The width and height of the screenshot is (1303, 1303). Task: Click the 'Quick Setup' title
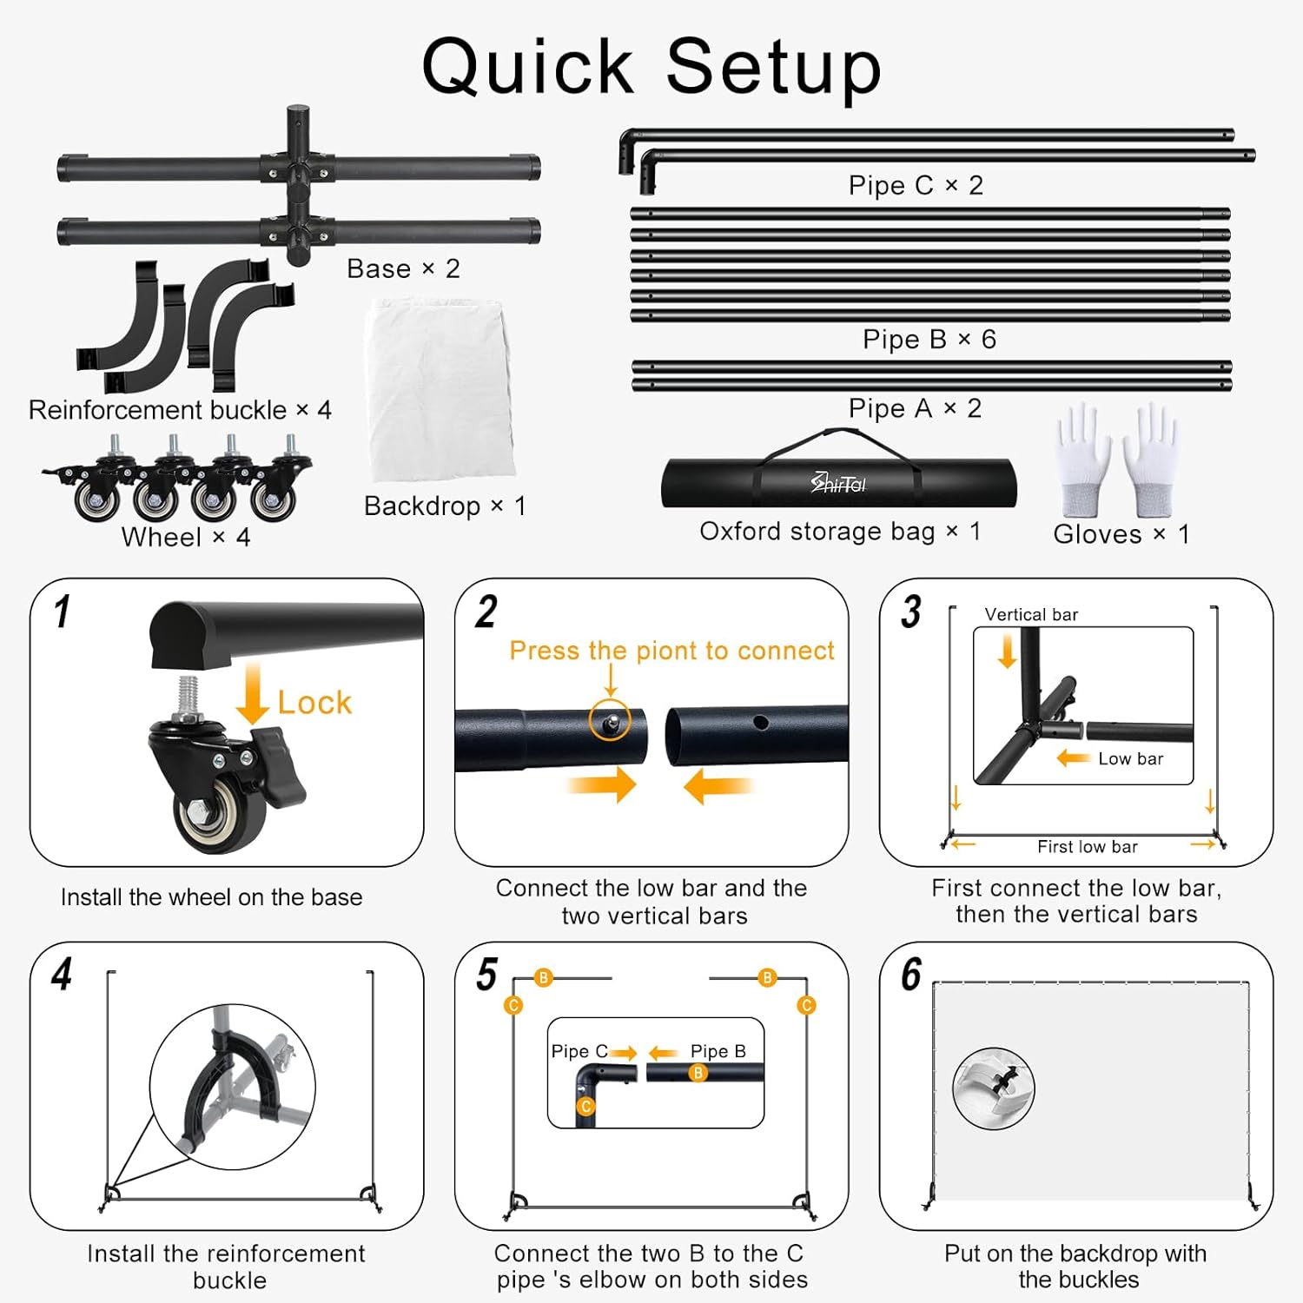(651, 68)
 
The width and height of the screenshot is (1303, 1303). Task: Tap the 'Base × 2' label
(403, 269)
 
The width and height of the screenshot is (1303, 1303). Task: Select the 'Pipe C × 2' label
(916, 185)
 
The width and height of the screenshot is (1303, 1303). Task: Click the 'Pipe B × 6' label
(929, 340)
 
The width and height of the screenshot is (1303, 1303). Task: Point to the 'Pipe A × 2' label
(915, 408)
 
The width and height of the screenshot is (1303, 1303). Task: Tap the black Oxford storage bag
(838, 483)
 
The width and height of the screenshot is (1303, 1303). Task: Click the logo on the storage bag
(838, 483)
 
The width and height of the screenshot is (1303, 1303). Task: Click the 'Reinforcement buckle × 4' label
(180, 410)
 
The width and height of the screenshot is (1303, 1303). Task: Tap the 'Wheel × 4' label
(186, 538)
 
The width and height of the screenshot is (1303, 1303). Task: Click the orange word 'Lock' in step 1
(314, 703)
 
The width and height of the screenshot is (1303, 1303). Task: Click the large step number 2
(486, 612)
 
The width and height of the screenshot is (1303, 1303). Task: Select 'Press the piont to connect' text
(671, 651)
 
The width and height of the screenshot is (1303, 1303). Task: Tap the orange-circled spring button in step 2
(611, 720)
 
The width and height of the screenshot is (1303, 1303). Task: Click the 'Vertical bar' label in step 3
(1031, 615)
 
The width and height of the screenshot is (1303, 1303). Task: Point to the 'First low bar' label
(1087, 847)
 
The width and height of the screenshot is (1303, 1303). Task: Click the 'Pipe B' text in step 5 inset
(718, 1051)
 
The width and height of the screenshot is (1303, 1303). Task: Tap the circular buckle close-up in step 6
(994, 1088)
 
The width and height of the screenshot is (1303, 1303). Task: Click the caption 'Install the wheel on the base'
(211, 897)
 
